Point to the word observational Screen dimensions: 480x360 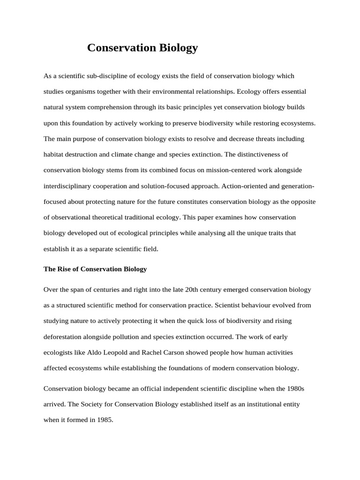point(71,217)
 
